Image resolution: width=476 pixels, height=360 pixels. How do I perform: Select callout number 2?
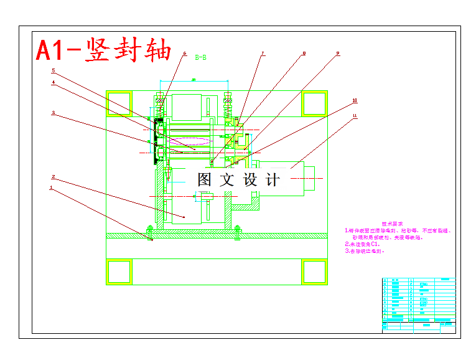point(54,176)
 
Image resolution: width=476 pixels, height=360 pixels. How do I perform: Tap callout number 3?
point(54,113)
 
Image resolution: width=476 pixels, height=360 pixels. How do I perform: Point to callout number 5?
point(54,70)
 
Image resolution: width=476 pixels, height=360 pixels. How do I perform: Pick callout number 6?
point(185,54)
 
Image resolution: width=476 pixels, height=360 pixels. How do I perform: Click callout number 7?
point(263,54)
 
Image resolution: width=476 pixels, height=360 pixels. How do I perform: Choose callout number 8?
point(304,54)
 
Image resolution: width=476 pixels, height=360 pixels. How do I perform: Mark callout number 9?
point(338,54)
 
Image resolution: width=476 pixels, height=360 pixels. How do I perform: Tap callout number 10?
point(355,100)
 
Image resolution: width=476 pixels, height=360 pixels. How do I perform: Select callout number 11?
point(355,115)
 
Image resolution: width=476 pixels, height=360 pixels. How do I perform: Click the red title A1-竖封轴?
point(103,50)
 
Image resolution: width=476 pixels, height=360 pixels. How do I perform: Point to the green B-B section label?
point(200,57)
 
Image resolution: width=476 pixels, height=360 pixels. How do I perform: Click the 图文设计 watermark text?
point(238,180)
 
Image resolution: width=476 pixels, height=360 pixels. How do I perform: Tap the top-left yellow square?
point(119,103)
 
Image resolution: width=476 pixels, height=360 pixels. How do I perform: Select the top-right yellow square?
point(314,103)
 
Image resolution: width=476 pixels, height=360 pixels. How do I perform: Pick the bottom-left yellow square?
point(119,272)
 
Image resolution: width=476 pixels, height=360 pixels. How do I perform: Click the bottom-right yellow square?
point(314,272)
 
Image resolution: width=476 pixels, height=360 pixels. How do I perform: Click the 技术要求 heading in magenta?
point(393,223)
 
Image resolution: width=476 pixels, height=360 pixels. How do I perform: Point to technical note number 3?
point(365,252)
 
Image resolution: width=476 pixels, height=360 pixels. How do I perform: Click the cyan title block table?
point(418,305)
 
